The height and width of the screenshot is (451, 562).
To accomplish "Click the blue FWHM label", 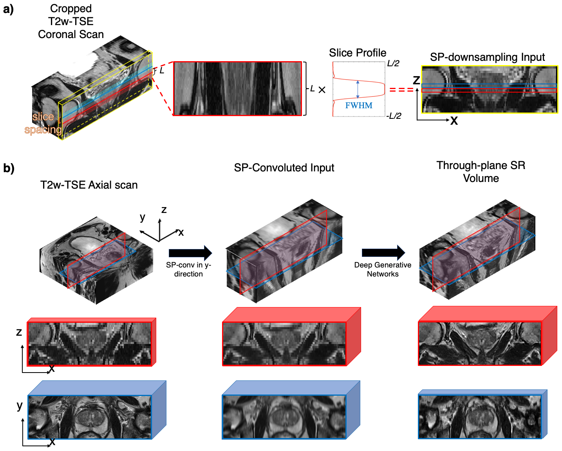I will pyautogui.click(x=359, y=105).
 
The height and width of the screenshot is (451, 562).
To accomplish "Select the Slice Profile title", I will pyautogui.click(x=358, y=53).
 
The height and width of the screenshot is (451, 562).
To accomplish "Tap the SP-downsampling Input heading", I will pyautogui.click(x=487, y=57).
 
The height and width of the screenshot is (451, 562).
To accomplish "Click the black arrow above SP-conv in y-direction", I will pyautogui.click(x=190, y=253).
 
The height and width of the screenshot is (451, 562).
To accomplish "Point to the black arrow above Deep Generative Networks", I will pyautogui.click(x=383, y=253).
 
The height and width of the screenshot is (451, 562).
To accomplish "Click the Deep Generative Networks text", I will pyautogui.click(x=383, y=269).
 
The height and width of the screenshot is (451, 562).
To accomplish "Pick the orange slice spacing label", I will pyautogui.click(x=43, y=123).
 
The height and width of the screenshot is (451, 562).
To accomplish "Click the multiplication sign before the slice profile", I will pyautogui.click(x=322, y=90).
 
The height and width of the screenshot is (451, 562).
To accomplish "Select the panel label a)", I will pyautogui.click(x=8, y=9).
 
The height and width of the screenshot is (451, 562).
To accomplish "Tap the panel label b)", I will pyautogui.click(x=9, y=168).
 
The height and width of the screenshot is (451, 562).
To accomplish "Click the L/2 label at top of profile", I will pyautogui.click(x=393, y=64).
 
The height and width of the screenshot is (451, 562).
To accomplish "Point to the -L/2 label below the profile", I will pyautogui.click(x=394, y=116).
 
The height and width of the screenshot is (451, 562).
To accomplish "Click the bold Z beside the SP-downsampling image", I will pyautogui.click(x=416, y=80).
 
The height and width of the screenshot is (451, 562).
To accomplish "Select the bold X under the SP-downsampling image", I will pyautogui.click(x=454, y=121).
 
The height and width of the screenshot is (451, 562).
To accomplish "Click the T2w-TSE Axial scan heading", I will pyautogui.click(x=89, y=185).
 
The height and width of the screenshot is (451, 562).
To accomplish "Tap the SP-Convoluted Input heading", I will pyautogui.click(x=284, y=168).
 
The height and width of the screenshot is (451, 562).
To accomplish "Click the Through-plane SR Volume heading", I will pyautogui.click(x=481, y=172).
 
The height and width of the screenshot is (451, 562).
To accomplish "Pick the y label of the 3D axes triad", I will pyautogui.click(x=143, y=217).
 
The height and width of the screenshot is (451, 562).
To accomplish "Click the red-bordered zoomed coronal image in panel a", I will pyautogui.click(x=237, y=89).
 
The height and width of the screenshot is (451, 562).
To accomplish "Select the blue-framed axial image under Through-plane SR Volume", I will pyautogui.click(x=480, y=416).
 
